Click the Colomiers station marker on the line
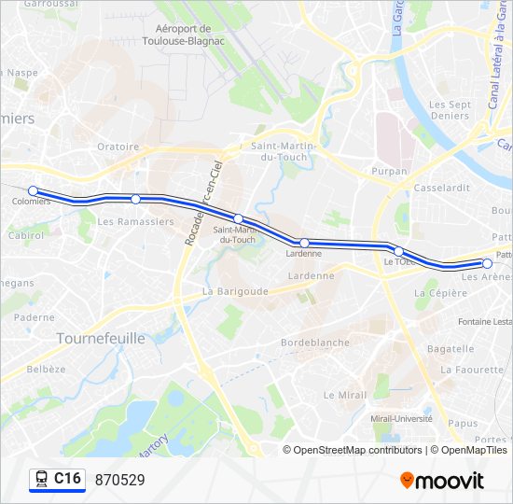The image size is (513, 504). pos(34,190)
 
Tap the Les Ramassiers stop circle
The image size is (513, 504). pos(136,199)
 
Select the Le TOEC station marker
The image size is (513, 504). pos(398,251)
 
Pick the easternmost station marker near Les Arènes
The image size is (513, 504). pos(487,263)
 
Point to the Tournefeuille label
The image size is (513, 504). pos(101,338)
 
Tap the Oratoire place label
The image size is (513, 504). pos(118,147)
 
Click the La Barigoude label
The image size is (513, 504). pos(236,291)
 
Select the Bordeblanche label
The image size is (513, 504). pos(315,343)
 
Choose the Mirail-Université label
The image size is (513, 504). pos(403,418)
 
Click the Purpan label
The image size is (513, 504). pos(390,172)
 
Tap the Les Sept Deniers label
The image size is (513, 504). pos(450,110)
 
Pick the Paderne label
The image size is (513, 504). pos(35,317)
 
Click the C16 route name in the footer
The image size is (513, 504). pos(67,479)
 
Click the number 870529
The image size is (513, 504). pos(119,480)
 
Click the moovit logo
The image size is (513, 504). pos(442,481)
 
